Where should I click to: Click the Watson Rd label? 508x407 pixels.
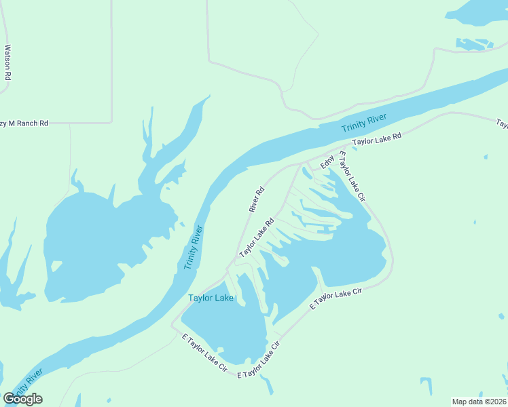[7, 62]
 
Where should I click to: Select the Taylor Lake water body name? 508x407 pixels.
[211, 298]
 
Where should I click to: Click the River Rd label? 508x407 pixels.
[256, 200]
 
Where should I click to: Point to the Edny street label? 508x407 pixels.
[327, 163]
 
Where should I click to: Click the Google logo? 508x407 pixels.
[22, 399]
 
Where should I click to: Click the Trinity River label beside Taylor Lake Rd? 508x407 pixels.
[363, 123]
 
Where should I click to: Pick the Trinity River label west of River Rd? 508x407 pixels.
[194, 247]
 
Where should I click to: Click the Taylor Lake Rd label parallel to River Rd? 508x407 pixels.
[256, 237]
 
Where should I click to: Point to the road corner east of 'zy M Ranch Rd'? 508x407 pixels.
[111, 122]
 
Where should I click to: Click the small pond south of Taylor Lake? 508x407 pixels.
[268, 385]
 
